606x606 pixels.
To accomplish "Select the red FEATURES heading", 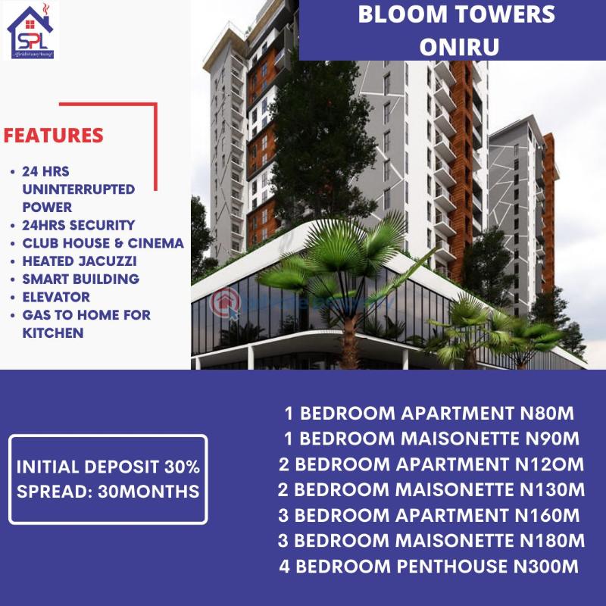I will point(53,136).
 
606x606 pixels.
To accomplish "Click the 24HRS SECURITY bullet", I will point(78,225).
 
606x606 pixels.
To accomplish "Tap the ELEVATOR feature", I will point(56,297).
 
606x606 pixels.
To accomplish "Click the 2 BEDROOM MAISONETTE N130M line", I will point(431,490).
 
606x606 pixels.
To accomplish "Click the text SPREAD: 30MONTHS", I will point(108,492).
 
